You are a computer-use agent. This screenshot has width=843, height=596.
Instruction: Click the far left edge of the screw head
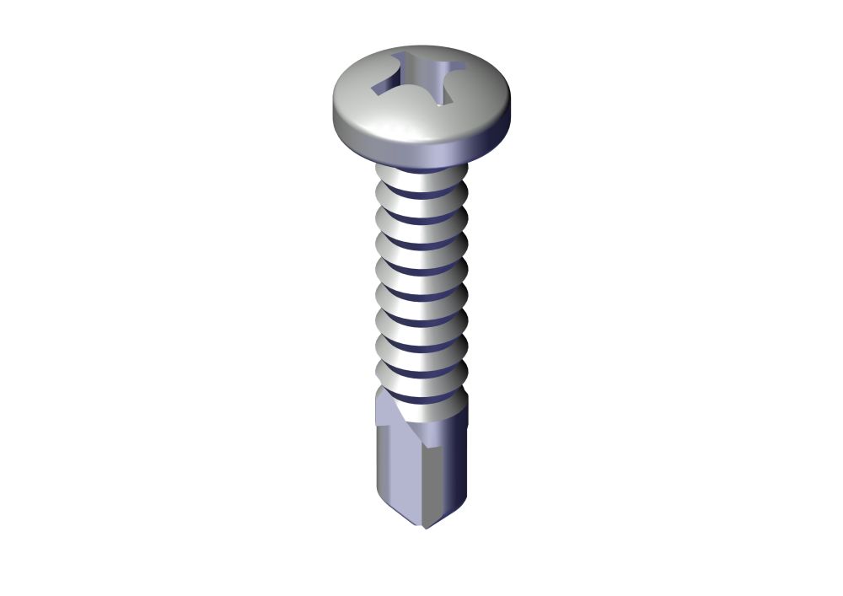pos(335,110)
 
